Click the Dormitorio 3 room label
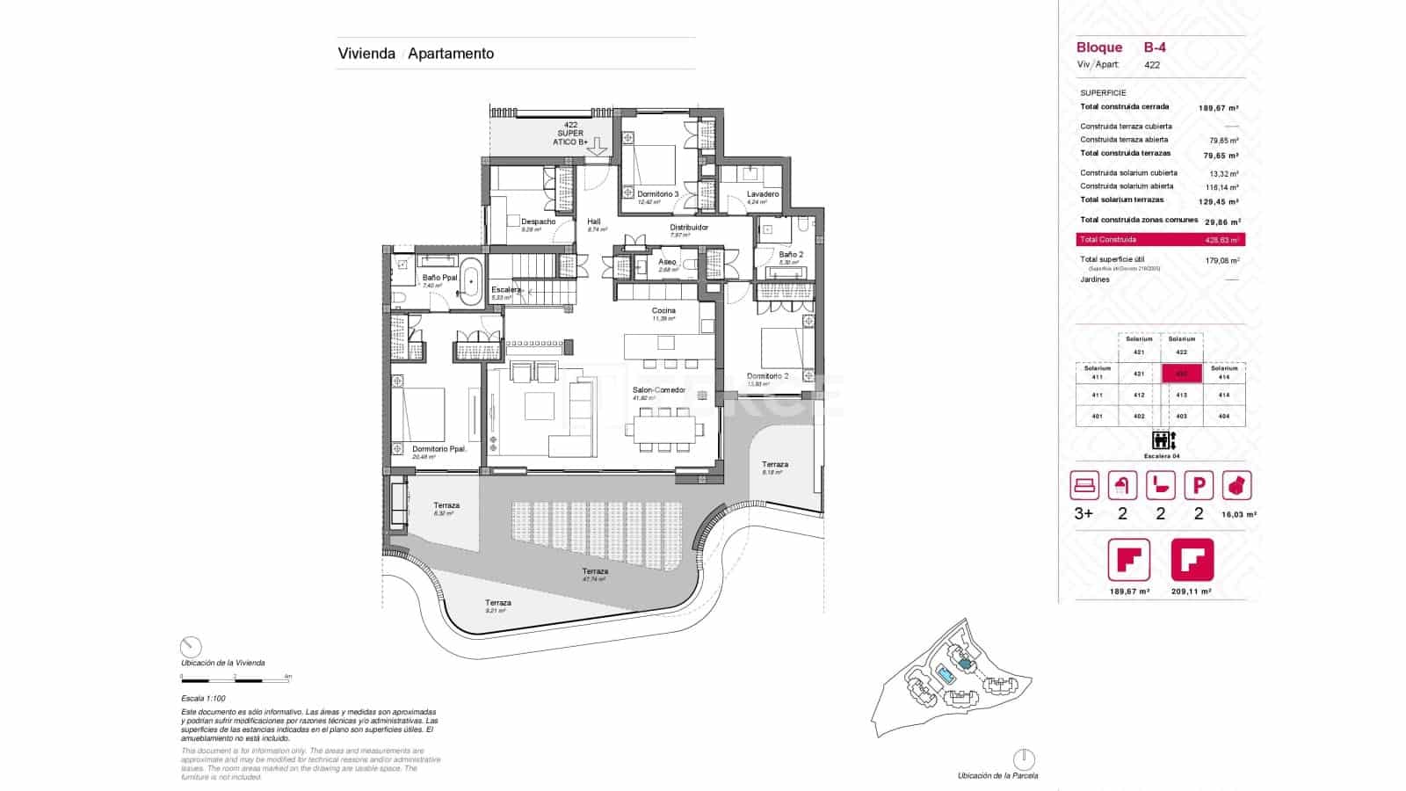pyautogui.click(x=657, y=193)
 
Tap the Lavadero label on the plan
pyautogui.click(x=763, y=194)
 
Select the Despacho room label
pyautogui.click(x=538, y=221)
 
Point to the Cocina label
pyautogui.click(x=663, y=310)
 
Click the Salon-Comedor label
pyautogui.click(x=659, y=390)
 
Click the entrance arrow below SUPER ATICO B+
pyautogui.click(x=597, y=147)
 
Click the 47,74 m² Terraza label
pyautogui.click(x=595, y=571)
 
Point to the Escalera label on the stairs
pyautogui.click(x=507, y=289)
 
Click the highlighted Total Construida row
pyautogui.click(x=1160, y=239)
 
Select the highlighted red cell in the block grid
pyautogui.click(x=1182, y=374)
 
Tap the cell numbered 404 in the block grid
pyautogui.click(x=1224, y=416)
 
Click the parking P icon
pyautogui.click(x=1199, y=486)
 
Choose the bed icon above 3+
pyautogui.click(x=1084, y=486)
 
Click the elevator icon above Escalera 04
pyautogui.click(x=1161, y=440)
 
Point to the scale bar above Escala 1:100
pyautogui.click(x=236, y=679)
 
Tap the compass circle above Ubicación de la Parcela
pyautogui.click(x=1024, y=758)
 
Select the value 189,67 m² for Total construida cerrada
pyautogui.click(x=1219, y=108)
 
